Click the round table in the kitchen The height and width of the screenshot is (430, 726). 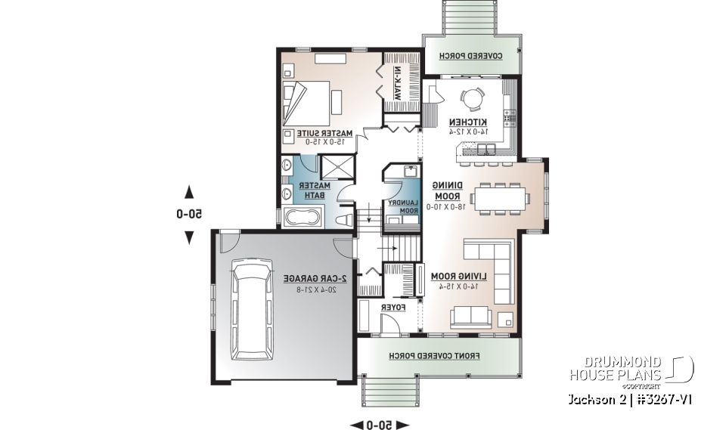click(475, 100)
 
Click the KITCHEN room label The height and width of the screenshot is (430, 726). click(469, 122)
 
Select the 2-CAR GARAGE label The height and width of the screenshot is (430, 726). click(311, 279)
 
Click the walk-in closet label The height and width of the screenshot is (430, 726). click(396, 82)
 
